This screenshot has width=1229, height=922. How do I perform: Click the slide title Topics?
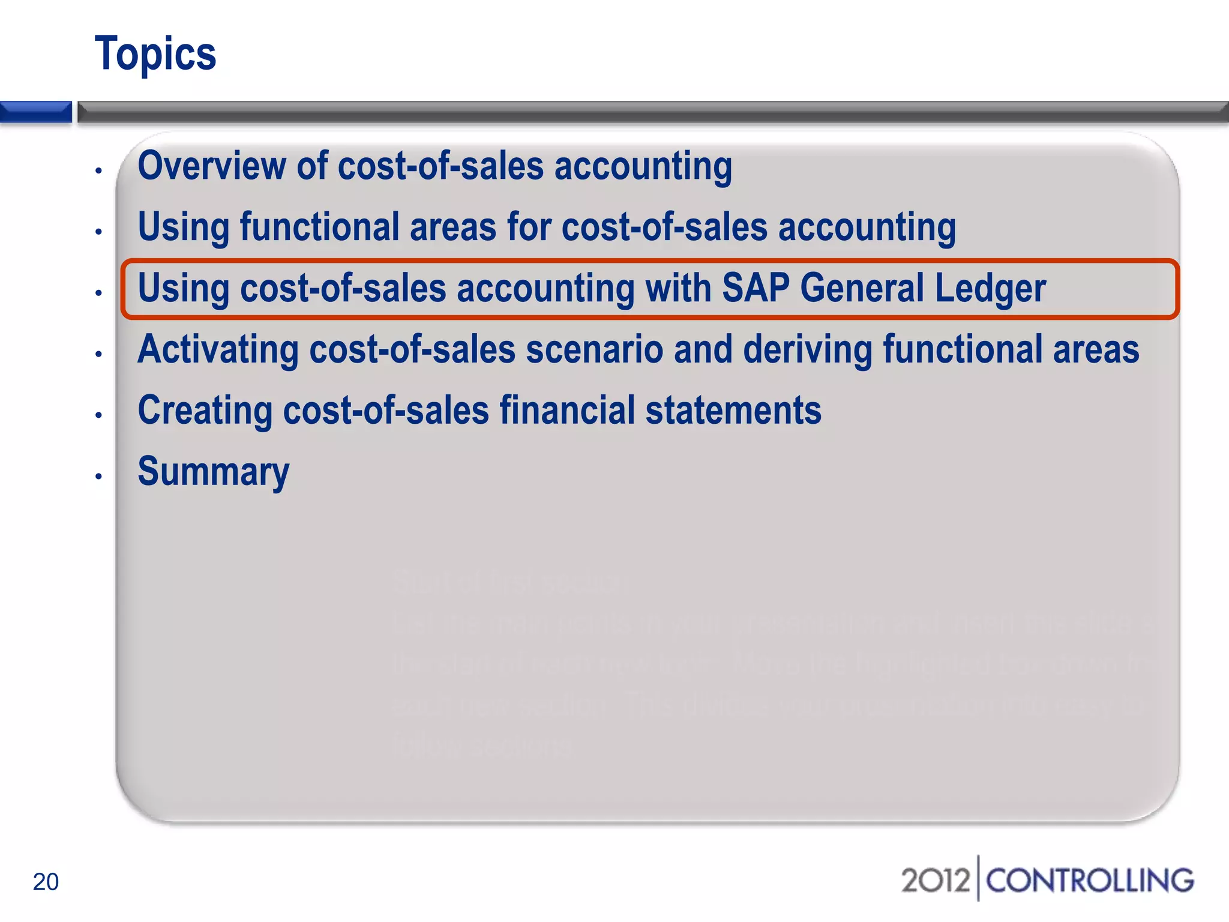155,54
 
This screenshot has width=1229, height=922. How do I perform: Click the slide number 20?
46,882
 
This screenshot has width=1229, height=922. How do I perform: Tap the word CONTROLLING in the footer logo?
1090,881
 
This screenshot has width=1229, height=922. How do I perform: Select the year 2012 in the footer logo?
935,881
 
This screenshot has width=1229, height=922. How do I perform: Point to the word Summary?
213,472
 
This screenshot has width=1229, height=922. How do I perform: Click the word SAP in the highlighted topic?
756,288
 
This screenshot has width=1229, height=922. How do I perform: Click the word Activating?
218,350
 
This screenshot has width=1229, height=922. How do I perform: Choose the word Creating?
205,411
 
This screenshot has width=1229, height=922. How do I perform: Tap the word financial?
567,411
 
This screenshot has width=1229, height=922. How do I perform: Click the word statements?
733,411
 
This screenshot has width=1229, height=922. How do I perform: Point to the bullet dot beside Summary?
98,477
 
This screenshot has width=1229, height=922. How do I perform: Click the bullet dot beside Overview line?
98,171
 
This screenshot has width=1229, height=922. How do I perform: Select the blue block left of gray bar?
35,112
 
